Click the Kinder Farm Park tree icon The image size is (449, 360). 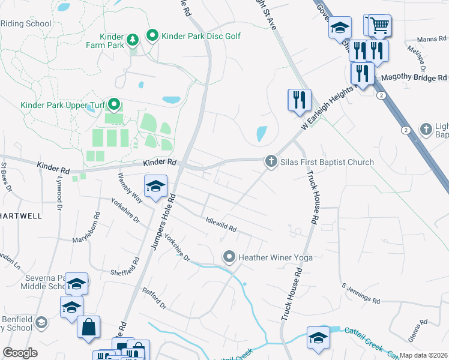(x=132, y=40)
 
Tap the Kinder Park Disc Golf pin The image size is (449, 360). (x=152, y=36)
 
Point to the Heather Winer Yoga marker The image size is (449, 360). (x=229, y=257)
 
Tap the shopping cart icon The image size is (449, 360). (x=379, y=26)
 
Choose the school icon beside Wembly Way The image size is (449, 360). (x=155, y=185)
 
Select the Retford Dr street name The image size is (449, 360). (x=154, y=298)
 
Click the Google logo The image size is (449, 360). (x=20, y=352)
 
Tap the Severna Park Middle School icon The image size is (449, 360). (x=77, y=284)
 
